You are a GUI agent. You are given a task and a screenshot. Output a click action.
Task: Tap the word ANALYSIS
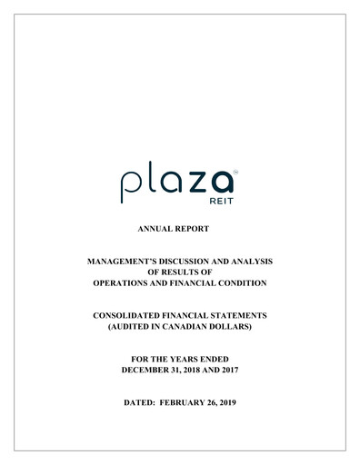(254, 261)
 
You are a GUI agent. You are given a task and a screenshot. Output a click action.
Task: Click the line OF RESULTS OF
(180, 271)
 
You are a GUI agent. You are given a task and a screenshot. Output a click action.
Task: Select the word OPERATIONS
(129, 282)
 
